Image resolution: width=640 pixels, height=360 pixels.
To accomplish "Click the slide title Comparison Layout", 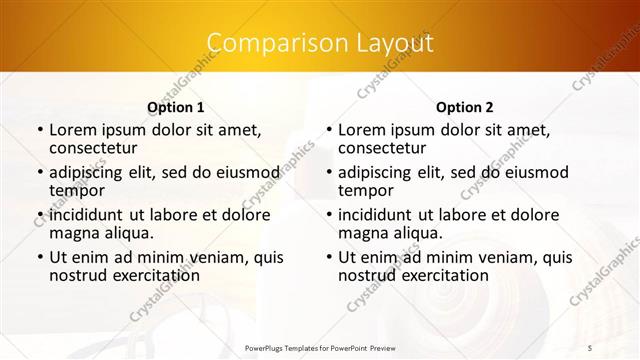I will (320, 43).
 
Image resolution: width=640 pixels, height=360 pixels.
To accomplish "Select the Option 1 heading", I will (176, 106).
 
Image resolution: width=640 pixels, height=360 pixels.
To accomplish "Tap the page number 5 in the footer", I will (590, 346).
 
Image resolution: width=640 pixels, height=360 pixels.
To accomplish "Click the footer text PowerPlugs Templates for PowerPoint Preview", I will (320, 347).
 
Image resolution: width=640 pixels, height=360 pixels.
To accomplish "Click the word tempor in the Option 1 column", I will (76, 191).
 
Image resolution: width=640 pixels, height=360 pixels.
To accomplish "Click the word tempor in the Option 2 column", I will (365, 191).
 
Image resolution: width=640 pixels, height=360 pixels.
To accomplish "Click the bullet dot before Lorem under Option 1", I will (39, 130).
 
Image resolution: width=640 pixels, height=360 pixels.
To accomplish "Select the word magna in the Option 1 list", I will (73, 233).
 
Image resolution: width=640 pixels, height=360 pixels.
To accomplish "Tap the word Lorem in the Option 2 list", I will (361, 129).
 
